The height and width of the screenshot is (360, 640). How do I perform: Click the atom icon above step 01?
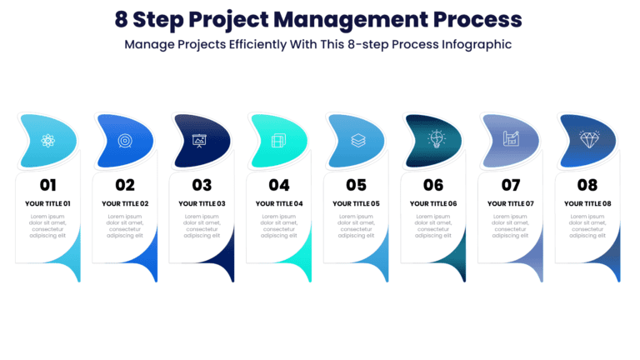click(x=47, y=140)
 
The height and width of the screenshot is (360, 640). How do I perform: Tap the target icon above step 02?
click(x=125, y=140)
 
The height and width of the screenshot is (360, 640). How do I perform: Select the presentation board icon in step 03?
click(x=200, y=140)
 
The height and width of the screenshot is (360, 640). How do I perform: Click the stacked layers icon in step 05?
click(x=357, y=140)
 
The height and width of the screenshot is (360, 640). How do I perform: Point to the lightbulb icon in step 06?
click(x=436, y=139)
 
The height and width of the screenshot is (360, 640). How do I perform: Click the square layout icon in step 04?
click(x=279, y=140)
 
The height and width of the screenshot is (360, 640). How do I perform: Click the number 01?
click(x=47, y=185)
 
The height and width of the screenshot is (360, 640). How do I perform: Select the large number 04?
click(x=279, y=185)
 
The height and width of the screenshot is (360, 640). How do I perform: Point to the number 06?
click(x=433, y=185)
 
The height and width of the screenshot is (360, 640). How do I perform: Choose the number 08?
click(x=587, y=185)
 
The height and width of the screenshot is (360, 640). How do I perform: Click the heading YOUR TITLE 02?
click(x=125, y=203)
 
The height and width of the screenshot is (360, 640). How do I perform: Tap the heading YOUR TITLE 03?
click(x=202, y=203)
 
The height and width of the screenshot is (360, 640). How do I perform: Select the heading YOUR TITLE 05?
click(x=356, y=203)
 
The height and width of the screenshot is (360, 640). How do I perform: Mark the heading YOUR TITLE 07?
click(x=510, y=203)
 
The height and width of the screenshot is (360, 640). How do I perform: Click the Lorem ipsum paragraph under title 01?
click(x=47, y=226)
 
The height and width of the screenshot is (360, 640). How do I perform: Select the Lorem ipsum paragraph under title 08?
click(x=587, y=226)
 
